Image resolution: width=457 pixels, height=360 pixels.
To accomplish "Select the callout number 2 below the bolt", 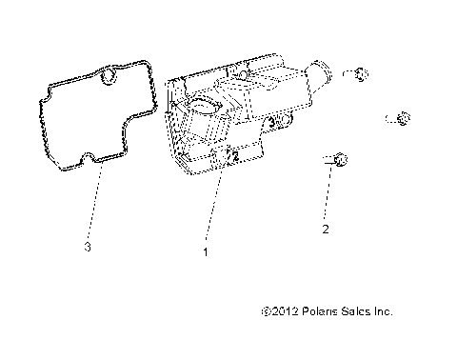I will pyautogui.click(x=326, y=230).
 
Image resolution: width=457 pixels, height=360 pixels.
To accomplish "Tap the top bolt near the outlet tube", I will pyautogui.click(x=359, y=73).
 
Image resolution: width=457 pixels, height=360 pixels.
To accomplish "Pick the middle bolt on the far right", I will pyautogui.click(x=401, y=118).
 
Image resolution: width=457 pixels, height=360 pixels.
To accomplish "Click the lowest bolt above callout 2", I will pyautogui.click(x=335, y=163).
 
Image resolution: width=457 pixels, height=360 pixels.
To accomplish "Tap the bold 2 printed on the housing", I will pyautogui.click(x=234, y=156).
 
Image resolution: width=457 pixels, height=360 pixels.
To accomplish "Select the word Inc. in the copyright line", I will pyautogui.click(x=382, y=310).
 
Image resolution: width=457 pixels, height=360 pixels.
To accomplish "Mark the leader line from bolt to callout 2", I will pyautogui.click(x=328, y=195).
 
